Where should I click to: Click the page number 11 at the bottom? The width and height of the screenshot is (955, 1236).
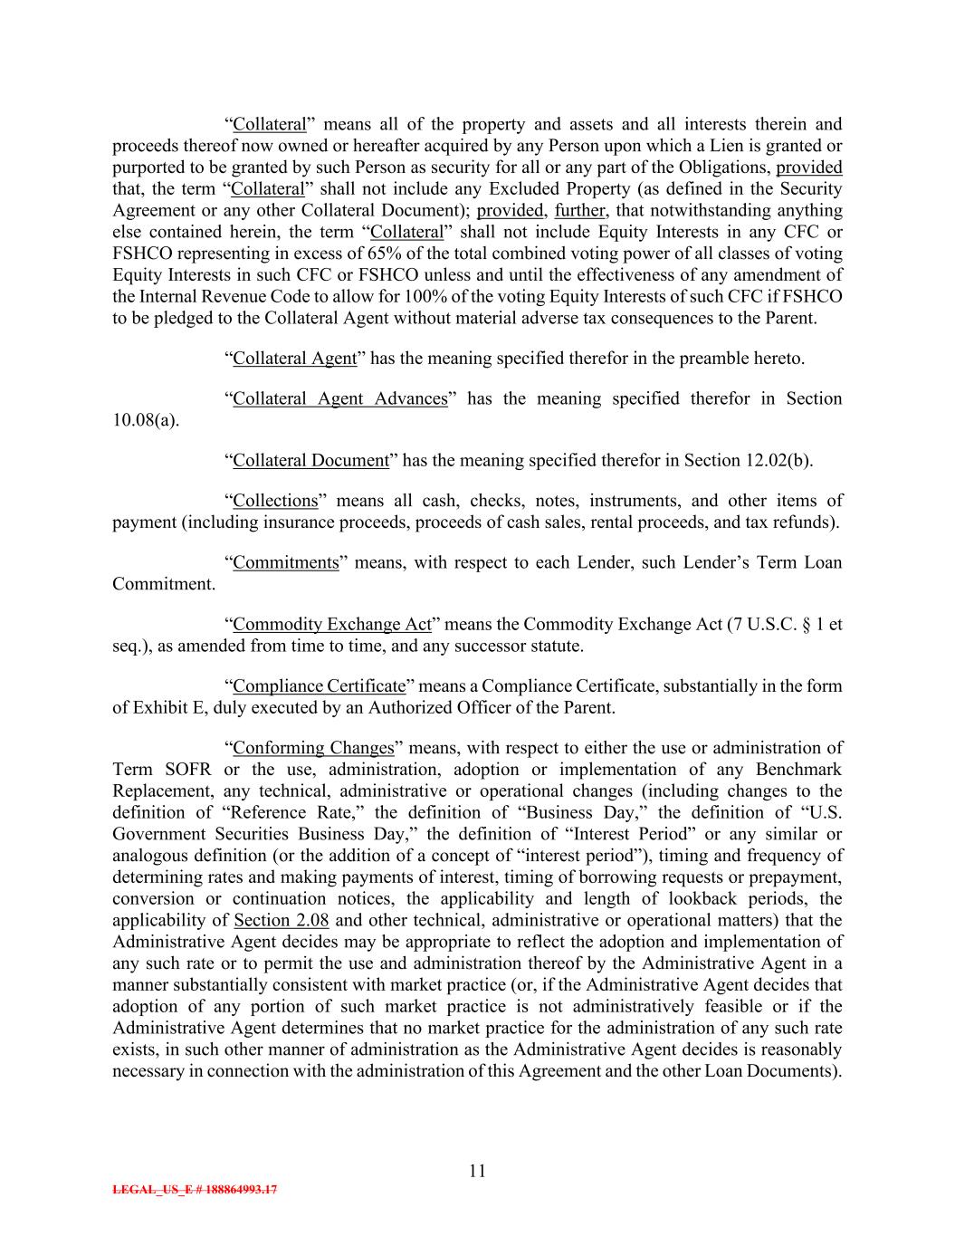[478, 1171]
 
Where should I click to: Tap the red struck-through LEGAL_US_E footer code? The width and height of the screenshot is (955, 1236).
[195, 1190]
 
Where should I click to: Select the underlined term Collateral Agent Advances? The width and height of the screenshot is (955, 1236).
[340, 398]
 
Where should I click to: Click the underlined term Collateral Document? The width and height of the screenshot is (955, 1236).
[310, 460]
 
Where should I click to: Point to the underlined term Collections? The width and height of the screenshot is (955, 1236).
[275, 501]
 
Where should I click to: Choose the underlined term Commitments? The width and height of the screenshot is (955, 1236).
[285, 562]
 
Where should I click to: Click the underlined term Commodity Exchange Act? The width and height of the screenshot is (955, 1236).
[332, 624]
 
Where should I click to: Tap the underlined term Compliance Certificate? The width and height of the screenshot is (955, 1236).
[319, 685]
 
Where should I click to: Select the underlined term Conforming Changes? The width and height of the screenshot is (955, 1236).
[313, 748]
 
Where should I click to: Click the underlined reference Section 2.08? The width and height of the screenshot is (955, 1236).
[281, 921]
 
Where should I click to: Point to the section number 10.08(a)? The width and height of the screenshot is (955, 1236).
[146, 420]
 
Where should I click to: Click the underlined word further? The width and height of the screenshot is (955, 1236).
[579, 210]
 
